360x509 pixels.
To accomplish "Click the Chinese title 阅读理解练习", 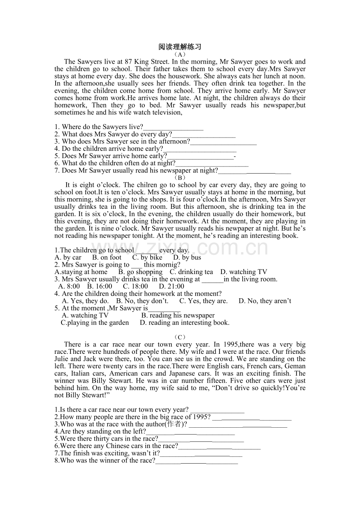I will [x=180, y=47].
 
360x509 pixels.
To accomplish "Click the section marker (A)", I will [x=180, y=54].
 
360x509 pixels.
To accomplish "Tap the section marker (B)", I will [x=180, y=177].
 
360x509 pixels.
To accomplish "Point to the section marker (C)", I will [x=180, y=337].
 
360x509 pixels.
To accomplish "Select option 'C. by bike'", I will [x=147, y=257].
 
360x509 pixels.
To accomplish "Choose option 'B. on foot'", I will [x=107, y=257].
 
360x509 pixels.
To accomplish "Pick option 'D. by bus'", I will [x=187, y=257].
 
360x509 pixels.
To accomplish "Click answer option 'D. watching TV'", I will [x=244, y=272].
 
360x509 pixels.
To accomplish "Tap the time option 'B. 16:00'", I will [x=99, y=286].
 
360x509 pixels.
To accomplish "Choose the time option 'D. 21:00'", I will [x=171, y=286].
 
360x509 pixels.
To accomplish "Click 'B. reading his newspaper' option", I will [x=178, y=315].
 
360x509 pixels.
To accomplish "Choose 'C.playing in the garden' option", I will [x=95, y=323].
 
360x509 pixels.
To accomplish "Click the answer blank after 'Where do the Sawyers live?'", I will [x=173, y=127].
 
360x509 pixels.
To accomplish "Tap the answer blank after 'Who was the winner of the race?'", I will [x=196, y=461].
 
